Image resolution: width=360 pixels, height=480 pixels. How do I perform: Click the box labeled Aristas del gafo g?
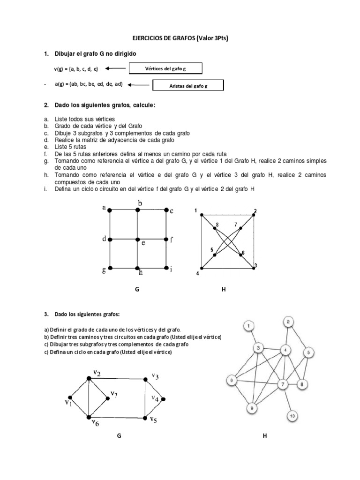187,86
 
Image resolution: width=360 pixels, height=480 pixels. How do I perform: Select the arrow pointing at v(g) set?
116,68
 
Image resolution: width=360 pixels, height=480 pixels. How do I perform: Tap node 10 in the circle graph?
292,415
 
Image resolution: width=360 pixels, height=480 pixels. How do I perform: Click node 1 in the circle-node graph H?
250,326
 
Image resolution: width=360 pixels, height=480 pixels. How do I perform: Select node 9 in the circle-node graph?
252,408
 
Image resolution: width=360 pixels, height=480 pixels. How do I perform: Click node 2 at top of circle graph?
289,322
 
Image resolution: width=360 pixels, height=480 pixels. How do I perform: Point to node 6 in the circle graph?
231,381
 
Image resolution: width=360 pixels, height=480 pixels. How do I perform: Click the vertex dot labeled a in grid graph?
110,210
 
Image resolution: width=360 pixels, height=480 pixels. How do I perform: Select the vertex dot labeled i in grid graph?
166,268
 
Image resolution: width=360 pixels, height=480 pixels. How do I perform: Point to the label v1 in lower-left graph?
68,403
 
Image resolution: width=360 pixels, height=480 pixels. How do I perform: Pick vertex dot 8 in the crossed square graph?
215,228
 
